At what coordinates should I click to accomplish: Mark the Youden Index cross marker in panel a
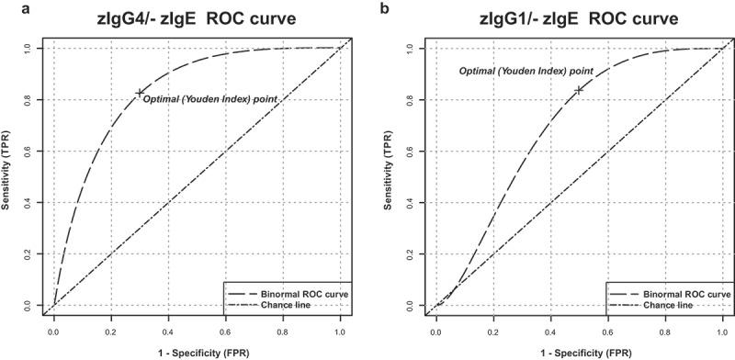coord(140,93)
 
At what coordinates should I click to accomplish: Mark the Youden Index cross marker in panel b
coord(578,90)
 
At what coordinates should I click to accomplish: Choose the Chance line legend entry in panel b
coord(667,304)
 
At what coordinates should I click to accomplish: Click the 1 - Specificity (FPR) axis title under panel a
coord(197,351)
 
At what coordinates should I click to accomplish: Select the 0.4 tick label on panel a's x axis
coord(168,326)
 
